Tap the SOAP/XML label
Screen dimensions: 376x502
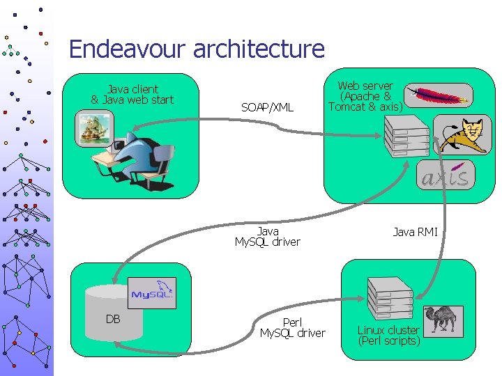click(x=267, y=107)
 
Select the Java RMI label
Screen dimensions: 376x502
click(x=415, y=232)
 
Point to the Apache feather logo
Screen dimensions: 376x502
click(x=439, y=95)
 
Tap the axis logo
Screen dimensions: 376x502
click(x=446, y=176)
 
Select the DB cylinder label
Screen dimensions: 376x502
click(x=113, y=319)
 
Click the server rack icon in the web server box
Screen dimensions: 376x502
click(x=406, y=136)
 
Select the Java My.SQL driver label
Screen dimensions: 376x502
click(x=268, y=237)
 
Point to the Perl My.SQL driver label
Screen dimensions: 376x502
click(x=292, y=328)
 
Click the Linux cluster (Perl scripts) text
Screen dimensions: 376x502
click(x=388, y=336)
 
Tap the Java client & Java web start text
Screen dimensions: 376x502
click(x=132, y=95)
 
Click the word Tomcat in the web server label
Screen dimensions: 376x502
click(x=347, y=107)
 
